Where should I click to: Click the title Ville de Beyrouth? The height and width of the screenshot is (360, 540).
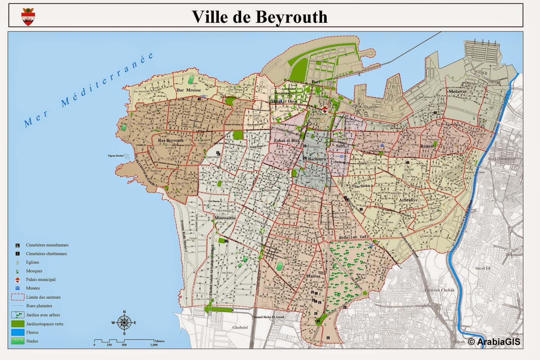(x=260, y=17)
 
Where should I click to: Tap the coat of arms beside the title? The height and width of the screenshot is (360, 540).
(x=28, y=17)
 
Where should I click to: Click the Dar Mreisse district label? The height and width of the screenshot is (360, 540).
(x=189, y=90)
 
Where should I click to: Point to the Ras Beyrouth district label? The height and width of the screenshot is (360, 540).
(x=171, y=140)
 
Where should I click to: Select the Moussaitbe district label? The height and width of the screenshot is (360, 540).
(x=225, y=218)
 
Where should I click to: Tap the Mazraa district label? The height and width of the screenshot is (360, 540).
(x=313, y=276)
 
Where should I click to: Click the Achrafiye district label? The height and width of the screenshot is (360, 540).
(x=408, y=200)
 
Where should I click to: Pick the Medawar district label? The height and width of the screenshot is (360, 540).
(x=458, y=92)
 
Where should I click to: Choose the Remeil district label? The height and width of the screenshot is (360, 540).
(x=427, y=146)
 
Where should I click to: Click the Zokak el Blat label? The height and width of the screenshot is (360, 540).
(x=287, y=140)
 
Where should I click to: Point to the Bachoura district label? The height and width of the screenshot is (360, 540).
(x=317, y=159)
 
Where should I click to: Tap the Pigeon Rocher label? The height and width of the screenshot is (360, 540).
(x=116, y=156)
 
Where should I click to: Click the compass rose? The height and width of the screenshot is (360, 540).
(x=124, y=323)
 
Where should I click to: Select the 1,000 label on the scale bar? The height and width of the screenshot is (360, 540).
(x=154, y=345)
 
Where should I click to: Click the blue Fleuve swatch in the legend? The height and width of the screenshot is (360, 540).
(x=18, y=332)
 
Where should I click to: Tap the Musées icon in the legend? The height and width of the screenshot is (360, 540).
(x=18, y=288)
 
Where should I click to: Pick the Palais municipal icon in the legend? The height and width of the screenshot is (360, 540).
(x=18, y=280)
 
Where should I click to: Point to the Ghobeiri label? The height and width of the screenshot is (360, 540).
(x=240, y=328)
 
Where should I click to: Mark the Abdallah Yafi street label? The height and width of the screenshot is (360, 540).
(x=354, y=237)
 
